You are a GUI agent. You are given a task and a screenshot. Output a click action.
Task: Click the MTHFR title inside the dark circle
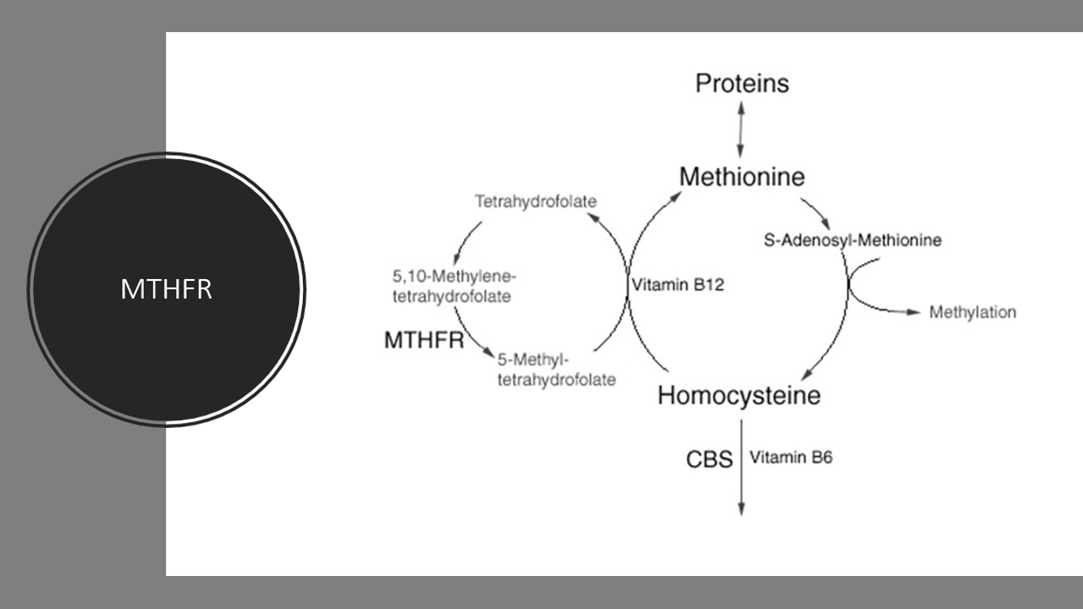166,289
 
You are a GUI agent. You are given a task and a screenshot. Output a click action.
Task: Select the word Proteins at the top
742,84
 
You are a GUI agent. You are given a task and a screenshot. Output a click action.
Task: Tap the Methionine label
741,177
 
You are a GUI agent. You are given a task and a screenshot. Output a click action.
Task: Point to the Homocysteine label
739,395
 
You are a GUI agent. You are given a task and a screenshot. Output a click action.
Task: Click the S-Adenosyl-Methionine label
852,240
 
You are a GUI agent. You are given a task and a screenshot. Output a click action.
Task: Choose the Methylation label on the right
972,312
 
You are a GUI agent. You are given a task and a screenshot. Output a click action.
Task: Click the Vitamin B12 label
678,285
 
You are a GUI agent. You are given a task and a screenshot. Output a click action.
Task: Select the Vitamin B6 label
791,458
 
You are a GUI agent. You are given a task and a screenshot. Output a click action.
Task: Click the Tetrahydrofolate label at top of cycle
536,201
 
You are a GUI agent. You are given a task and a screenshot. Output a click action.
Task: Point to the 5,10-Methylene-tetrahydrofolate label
454,286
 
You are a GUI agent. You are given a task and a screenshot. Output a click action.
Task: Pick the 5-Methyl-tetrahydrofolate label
556,370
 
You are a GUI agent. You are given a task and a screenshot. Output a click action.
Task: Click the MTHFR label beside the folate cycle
424,340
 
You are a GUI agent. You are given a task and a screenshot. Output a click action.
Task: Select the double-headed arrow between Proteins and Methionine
741,129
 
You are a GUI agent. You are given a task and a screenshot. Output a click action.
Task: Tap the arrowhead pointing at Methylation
912,312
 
